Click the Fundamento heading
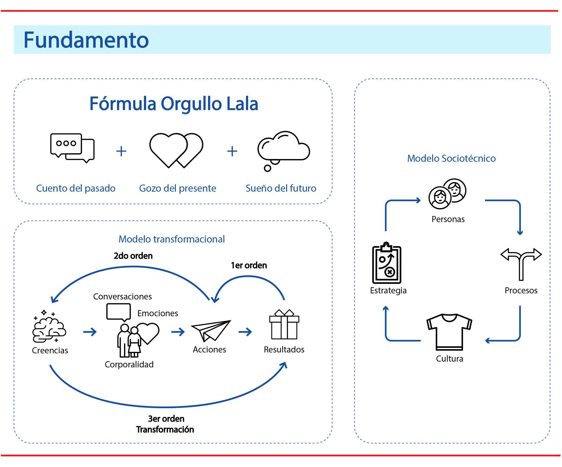tap(86, 40)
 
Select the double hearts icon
tap(176, 150)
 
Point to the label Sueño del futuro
tap(281, 188)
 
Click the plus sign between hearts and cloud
tap(232, 151)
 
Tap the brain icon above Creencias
tap(49, 326)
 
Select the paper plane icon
tap(211, 331)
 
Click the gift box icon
tap(284, 325)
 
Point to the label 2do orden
tap(133, 256)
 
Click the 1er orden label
tap(249, 265)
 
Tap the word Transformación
tap(165, 430)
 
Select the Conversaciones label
tap(122, 296)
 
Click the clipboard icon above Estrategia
tap(386, 264)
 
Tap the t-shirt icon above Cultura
tap(449, 332)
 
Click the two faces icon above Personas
tap(447, 194)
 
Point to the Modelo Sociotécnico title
tap(451, 158)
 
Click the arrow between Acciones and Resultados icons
tap(245, 332)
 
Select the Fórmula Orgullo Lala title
tap(174, 104)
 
